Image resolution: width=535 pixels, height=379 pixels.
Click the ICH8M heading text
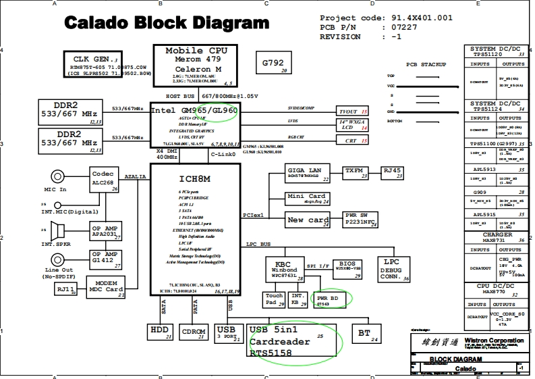(194, 178)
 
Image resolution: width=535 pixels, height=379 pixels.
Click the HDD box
(161, 332)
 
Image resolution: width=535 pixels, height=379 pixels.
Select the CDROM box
(194, 332)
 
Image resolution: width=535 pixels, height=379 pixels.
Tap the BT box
(364, 333)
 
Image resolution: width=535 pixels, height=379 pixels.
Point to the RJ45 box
(392, 172)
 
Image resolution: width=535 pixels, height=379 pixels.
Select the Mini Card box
(308, 198)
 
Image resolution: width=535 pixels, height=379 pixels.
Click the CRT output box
(353, 141)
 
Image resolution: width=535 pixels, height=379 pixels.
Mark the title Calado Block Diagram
(167, 24)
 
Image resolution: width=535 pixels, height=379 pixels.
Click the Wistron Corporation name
(492, 340)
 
